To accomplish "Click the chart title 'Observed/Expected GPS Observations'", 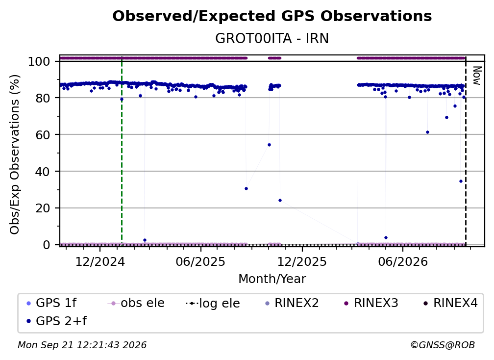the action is coord(272,16).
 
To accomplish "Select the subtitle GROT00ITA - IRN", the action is coord(272,38).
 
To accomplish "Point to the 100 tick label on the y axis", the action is coord(39,61).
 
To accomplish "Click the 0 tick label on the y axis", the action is coord(47,245).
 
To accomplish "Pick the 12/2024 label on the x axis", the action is coord(100,262).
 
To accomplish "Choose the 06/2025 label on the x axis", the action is coord(201,262).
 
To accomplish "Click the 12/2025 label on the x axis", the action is coord(302,262).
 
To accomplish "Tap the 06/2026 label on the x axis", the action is coord(403,262).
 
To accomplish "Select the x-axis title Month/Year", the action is coord(272,279).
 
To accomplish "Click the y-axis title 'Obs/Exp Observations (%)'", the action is coord(15,154).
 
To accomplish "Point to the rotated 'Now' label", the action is coord(477,76).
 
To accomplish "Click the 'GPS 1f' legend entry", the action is coord(51,303).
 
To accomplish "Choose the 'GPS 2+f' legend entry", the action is coord(56,321).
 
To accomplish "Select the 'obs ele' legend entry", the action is coord(136,303).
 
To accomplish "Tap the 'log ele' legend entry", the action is coord(213,303).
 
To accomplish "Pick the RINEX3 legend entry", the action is coord(371,303).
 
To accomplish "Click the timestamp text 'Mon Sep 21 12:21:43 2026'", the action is coord(82,345).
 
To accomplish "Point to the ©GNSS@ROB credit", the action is coord(443,345).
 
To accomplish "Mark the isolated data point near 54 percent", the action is coord(269,145).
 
